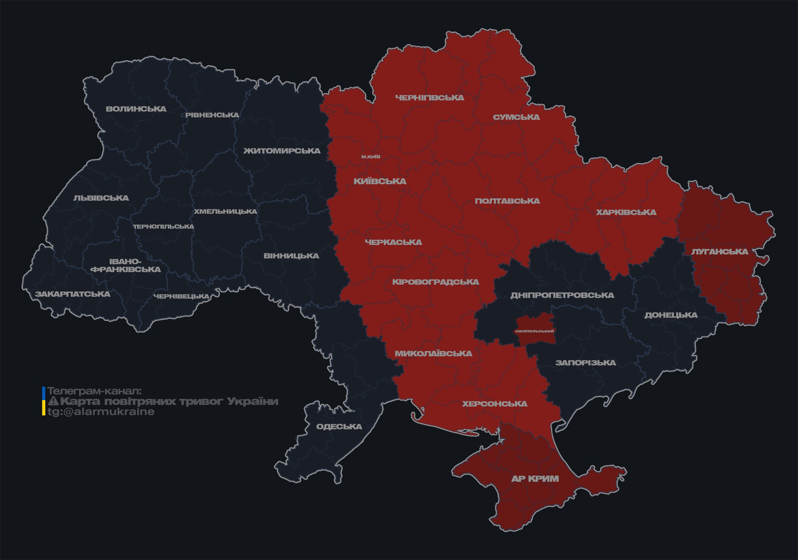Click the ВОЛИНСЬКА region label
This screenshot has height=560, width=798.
pos(136,109)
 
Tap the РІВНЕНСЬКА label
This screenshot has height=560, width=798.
pos(212,115)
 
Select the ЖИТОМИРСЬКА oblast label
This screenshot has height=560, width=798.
pos(282,151)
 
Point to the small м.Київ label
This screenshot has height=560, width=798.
pos(371,157)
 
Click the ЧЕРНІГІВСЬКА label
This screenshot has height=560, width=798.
pos(430,98)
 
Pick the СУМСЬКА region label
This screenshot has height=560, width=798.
pos(516,117)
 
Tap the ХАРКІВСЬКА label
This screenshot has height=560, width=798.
pos(626,212)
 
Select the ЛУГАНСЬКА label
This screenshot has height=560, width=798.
pos(719,251)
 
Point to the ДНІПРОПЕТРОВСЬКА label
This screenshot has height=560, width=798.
pos(562,295)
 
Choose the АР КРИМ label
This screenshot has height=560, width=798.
pos(535,479)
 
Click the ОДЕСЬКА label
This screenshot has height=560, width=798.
pos(339,426)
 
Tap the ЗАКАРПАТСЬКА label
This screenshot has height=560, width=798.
pos(72,294)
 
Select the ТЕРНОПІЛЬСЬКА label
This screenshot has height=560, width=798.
pos(164,227)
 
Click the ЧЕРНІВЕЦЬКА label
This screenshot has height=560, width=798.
pos(181,296)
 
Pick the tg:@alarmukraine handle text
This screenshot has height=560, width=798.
pos(101,412)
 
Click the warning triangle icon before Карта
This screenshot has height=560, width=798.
pos(53,401)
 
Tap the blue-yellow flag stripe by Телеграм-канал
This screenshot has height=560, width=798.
pos(44,401)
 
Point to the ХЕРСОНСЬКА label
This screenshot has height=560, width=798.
pos(495,404)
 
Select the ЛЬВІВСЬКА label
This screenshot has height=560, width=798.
pos(101,198)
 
